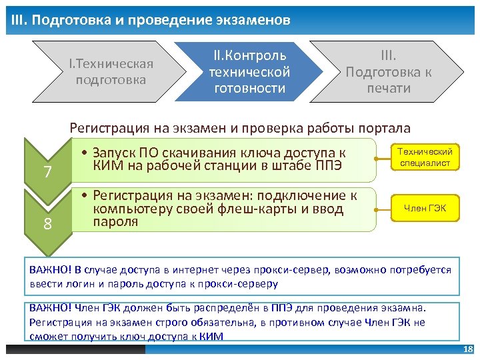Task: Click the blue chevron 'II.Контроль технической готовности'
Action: tap(249, 71)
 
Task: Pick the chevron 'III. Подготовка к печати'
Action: tap(388, 71)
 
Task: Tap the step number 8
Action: tap(47, 224)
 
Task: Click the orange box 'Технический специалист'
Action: tap(425, 158)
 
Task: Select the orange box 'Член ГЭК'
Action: tap(425, 209)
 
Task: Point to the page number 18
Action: tap(467, 350)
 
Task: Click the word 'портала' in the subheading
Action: tap(385, 128)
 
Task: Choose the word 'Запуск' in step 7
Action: tap(113, 153)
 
